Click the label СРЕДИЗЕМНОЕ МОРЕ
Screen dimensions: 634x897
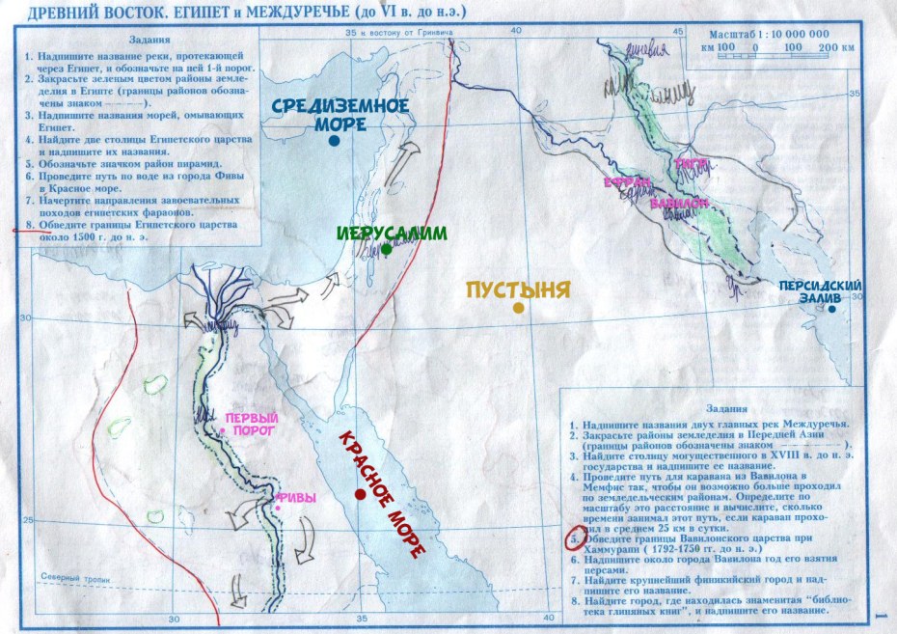pyautogui.click(x=326, y=114)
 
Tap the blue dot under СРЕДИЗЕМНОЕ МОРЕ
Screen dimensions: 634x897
pyautogui.click(x=334, y=140)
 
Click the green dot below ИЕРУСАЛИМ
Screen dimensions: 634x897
pyautogui.click(x=386, y=249)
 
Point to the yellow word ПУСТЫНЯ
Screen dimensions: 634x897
pyautogui.click(x=519, y=289)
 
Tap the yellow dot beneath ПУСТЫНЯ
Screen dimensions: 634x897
pyautogui.click(x=519, y=308)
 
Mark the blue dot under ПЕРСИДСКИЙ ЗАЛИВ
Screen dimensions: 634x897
pyautogui.click(x=831, y=310)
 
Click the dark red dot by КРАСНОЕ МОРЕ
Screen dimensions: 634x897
pyautogui.click(x=359, y=494)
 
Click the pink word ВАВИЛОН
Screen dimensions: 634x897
pyautogui.click(x=679, y=205)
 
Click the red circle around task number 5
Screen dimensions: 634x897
pyautogui.click(x=574, y=536)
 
